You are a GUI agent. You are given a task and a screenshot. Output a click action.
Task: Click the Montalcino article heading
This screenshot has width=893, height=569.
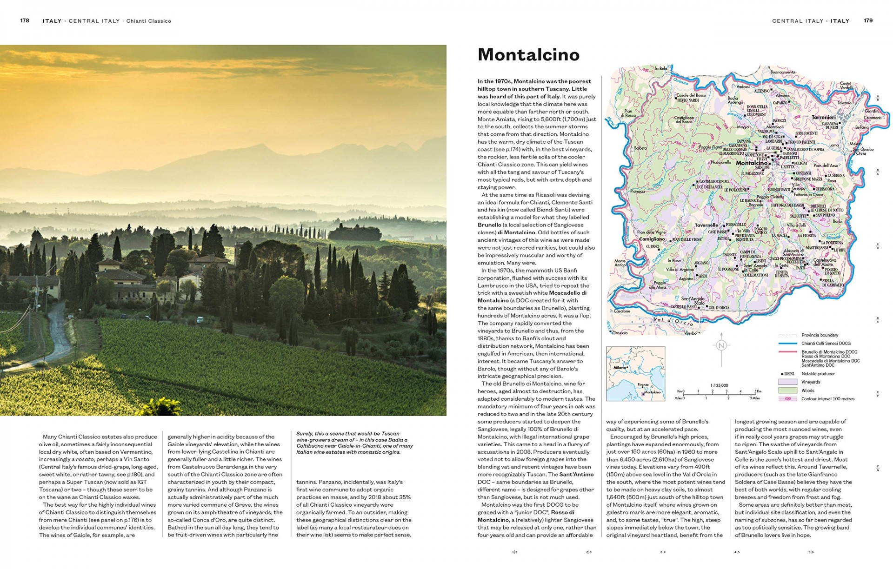[x=528, y=55]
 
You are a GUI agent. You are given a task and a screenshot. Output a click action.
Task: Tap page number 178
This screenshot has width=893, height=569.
[x=25, y=20]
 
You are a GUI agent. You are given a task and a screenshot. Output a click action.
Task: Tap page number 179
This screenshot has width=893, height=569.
[x=868, y=20]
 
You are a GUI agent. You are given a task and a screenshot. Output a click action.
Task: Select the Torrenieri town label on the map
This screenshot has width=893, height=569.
[x=823, y=118]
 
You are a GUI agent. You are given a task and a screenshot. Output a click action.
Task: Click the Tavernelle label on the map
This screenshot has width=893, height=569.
[x=706, y=225]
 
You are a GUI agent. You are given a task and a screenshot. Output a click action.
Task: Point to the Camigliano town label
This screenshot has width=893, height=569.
[x=652, y=239]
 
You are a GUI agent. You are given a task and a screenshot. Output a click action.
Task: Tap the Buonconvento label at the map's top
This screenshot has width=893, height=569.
[x=783, y=72]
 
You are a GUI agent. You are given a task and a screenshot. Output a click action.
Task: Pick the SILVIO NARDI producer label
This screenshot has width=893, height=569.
[x=688, y=100]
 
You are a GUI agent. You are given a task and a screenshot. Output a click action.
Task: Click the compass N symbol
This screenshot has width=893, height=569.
[x=721, y=345]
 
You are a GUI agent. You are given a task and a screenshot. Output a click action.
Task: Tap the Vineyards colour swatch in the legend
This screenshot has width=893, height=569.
[x=787, y=382]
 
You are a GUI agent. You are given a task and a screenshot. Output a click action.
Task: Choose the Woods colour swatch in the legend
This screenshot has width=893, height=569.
[x=787, y=390]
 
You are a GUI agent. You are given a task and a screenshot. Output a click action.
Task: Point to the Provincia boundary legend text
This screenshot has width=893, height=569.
[x=820, y=335]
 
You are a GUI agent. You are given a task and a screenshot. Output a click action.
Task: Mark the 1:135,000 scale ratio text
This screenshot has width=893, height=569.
[x=719, y=385]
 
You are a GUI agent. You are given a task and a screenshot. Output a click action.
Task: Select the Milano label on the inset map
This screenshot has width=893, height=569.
[x=619, y=367]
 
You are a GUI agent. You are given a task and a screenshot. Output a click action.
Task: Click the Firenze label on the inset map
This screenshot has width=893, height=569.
[x=643, y=385]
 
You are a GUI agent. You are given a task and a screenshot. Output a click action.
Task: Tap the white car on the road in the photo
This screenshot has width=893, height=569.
[x=200, y=319]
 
